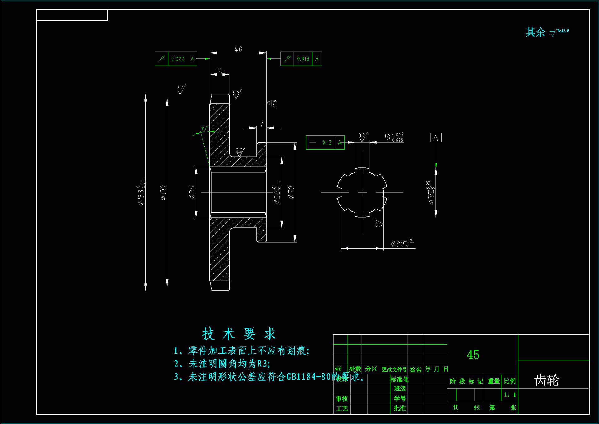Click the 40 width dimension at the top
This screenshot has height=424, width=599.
click(238, 49)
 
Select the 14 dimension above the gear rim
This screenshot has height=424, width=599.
click(220, 71)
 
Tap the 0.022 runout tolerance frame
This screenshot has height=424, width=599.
click(176, 59)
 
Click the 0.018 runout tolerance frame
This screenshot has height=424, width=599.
click(301, 59)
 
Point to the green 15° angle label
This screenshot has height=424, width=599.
click(204, 128)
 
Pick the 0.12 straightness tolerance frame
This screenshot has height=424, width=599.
click(325, 142)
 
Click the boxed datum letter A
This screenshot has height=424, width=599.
click(436, 137)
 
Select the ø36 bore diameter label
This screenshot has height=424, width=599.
click(192, 192)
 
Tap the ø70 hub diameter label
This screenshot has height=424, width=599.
click(291, 192)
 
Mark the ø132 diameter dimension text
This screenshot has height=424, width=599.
click(163, 192)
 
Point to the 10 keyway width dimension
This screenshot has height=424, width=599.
click(394, 137)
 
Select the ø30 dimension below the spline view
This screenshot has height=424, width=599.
click(402, 243)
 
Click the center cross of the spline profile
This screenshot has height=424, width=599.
click(362, 192)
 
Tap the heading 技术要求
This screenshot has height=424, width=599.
click(239, 334)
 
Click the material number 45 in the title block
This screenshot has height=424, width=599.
click(473, 355)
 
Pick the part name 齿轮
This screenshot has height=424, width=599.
click(547, 380)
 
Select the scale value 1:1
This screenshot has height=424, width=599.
click(510, 395)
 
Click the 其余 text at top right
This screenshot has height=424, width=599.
click(535, 32)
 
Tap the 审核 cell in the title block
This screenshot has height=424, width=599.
click(342, 399)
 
